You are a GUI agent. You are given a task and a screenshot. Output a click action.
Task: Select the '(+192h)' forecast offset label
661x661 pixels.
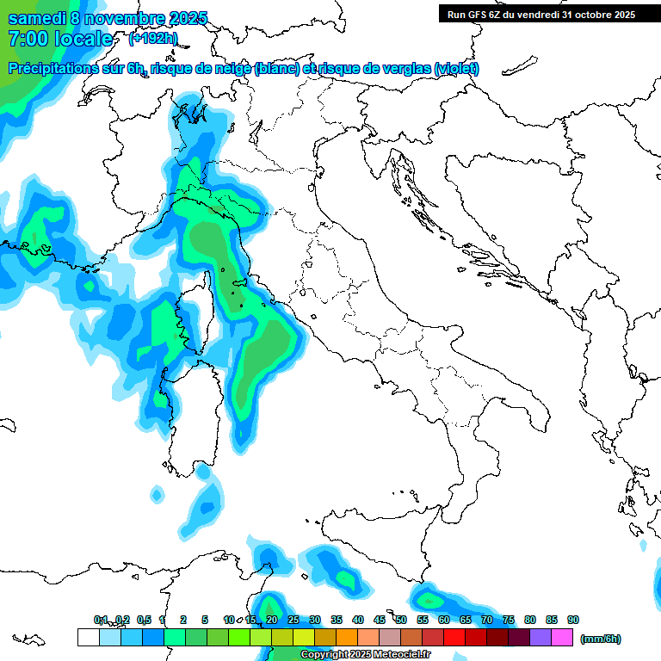click(152, 39)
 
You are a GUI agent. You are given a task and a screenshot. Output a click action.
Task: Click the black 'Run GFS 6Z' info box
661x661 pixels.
click(541, 14)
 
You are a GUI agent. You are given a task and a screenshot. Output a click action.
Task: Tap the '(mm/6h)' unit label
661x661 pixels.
click(600, 639)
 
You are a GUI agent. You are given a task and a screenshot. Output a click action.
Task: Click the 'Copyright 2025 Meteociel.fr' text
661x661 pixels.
click(365, 655)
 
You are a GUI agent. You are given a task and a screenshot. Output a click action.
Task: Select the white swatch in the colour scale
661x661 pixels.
click(88, 637)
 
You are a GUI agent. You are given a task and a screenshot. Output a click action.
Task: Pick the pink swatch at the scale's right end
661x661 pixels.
click(562, 637)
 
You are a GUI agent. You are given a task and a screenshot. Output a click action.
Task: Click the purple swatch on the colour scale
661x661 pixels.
click(541, 637)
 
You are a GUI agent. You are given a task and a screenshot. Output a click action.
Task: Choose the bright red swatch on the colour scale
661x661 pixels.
click(454, 637)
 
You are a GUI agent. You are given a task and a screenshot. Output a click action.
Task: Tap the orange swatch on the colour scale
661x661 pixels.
click(347, 637)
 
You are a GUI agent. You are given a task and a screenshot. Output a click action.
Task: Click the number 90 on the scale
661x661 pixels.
click(572, 620)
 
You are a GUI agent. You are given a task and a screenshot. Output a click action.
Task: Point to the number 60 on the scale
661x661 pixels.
click(443, 620)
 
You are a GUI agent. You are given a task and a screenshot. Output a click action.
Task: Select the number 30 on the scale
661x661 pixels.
click(314, 620)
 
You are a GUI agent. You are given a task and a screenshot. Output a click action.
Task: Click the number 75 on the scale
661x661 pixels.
click(508, 620)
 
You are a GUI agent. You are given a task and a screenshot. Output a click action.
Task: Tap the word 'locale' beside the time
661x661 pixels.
click(83, 39)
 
